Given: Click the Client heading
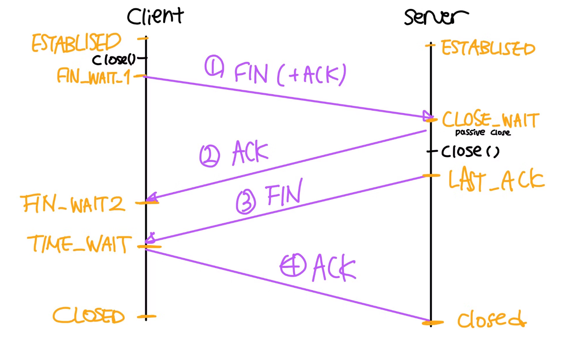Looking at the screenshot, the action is [x=155, y=16].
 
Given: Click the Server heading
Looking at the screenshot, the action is [x=436, y=17].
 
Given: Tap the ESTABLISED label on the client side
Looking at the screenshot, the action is [x=76, y=43].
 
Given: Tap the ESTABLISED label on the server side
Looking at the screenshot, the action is [x=488, y=48].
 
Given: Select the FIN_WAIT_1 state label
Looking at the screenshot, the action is [x=94, y=76].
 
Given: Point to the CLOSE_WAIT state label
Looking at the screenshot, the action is [x=491, y=119].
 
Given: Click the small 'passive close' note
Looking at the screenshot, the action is [x=483, y=132].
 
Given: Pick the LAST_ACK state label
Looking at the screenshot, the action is [x=496, y=179].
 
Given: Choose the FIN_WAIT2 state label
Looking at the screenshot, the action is [x=73, y=204].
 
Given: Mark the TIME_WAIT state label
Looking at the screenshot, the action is [x=79, y=244].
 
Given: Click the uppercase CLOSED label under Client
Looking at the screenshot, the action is [x=88, y=316].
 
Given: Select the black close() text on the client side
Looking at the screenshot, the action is [x=114, y=60].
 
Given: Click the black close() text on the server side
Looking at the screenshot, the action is [x=470, y=151].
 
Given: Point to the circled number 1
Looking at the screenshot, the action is [x=214, y=66].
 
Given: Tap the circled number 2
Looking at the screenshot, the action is [x=209, y=156].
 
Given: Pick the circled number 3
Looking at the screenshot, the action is [x=246, y=201].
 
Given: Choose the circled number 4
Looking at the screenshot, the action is [x=293, y=265].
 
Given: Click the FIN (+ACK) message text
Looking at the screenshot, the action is [x=290, y=74].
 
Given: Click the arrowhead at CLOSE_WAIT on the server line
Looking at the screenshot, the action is [x=427, y=116].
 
